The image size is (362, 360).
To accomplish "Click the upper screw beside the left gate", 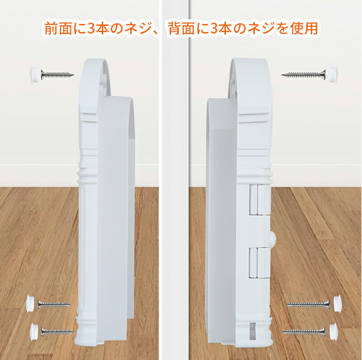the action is tap(57, 74).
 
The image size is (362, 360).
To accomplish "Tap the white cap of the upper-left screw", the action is tap(35, 74).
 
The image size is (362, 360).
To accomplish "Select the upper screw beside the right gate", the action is tap(304, 75).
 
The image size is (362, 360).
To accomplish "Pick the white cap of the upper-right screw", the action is tap(333, 75).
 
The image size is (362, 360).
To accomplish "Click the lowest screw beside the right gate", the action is tap(303, 332).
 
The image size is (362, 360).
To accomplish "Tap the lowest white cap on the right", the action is tap(333, 332).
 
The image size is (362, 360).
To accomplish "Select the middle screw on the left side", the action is tap(53, 305).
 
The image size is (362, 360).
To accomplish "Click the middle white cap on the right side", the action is tap(338, 304).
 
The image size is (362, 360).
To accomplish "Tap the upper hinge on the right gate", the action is tap(259, 200).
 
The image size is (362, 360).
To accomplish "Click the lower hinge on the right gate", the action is tap(259, 262).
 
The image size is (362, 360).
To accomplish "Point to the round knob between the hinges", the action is tap(273, 238).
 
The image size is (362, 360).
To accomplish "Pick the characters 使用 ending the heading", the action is tap(305, 29).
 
